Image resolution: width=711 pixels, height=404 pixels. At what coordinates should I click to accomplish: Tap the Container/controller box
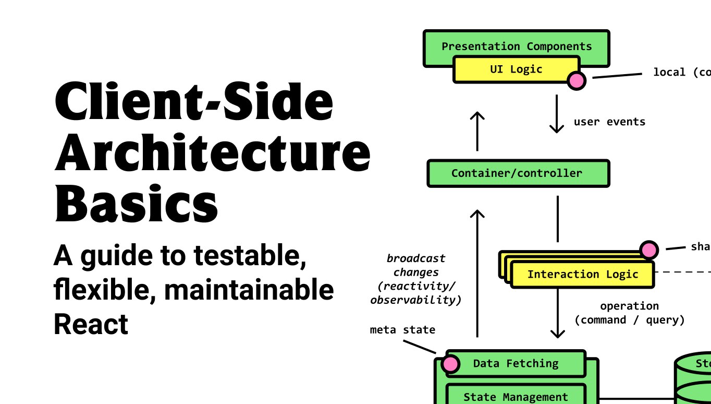click(x=518, y=173)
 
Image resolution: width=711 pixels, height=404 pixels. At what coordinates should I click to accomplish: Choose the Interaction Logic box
click(x=582, y=275)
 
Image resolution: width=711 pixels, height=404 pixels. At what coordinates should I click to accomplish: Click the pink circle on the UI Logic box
click(x=577, y=80)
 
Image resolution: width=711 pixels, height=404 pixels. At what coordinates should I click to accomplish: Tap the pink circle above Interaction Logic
click(x=649, y=250)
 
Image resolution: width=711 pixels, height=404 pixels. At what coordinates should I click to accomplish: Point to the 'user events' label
click(x=609, y=122)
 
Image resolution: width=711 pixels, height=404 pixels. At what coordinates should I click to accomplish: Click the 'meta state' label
click(x=402, y=330)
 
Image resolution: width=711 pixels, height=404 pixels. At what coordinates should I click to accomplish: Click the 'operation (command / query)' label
click(x=629, y=313)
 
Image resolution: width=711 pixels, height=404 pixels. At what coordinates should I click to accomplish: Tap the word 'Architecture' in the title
click(x=213, y=152)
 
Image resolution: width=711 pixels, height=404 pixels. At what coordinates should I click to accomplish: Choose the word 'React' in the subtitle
click(x=91, y=324)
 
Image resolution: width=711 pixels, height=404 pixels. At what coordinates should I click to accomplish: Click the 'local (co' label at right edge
click(x=681, y=73)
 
